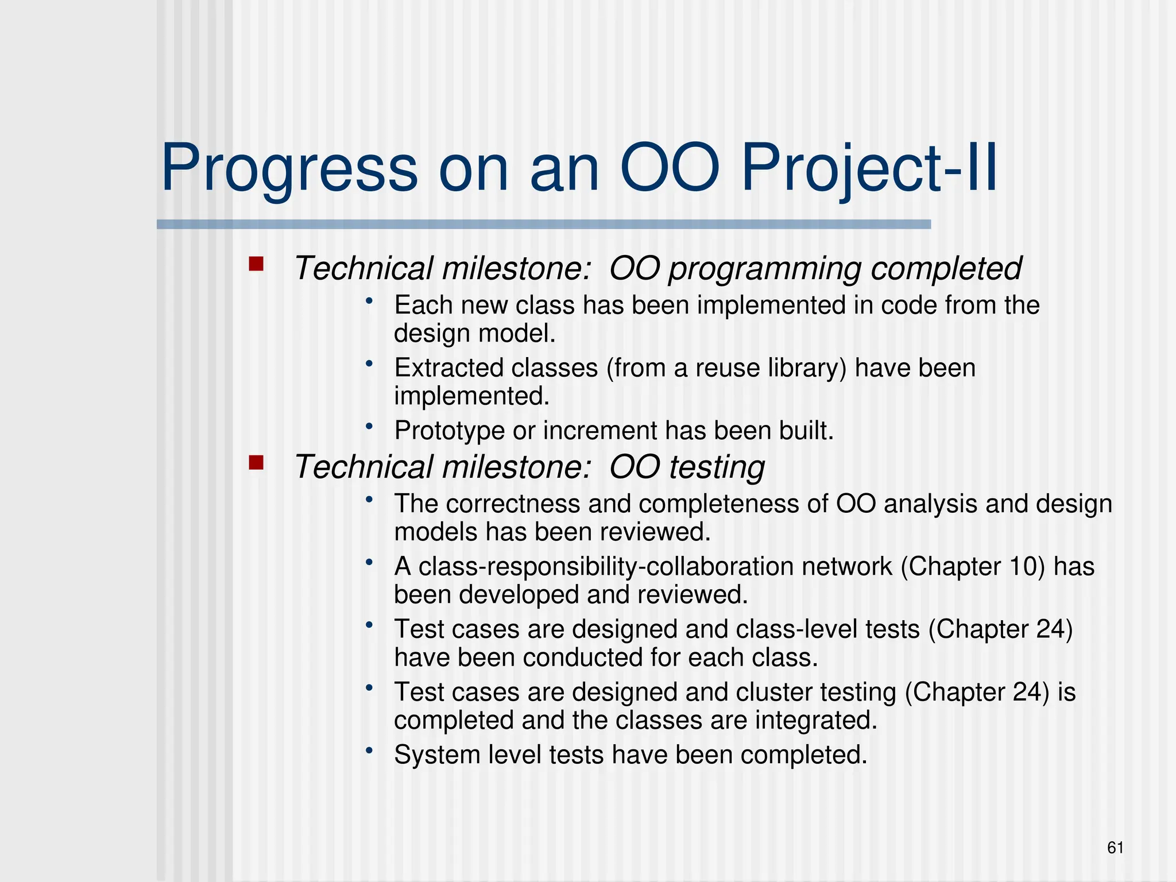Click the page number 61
pyautogui.click(x=1115, y=848)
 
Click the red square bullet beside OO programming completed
pyautogui.click(x=256, y=264)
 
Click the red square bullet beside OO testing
pyautogui.click(x=256, y=462)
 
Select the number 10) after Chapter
pyautogui.click(x=1026, y=567)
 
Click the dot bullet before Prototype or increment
pyautogui.click(x=370, y=426)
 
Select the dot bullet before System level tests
pyautogui.click(x=370, y=750)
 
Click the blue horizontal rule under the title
pyautogui.click(x=543, y=225)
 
